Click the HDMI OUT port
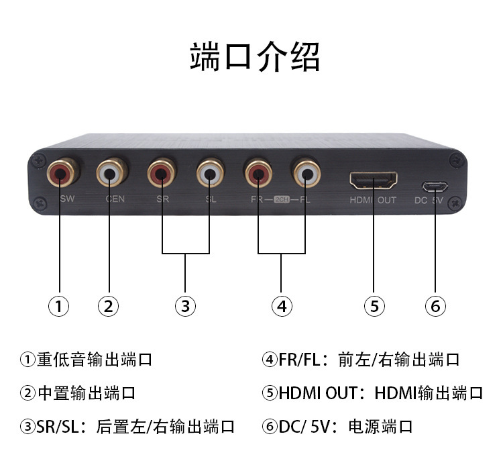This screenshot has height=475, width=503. click(x=374, y=180)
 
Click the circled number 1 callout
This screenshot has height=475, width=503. click(x=59, y=306)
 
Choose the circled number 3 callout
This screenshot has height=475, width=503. click(x=185, y=306)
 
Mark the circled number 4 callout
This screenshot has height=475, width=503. click(x=282, y=306)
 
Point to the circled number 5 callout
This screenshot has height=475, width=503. click(x=374, y=306)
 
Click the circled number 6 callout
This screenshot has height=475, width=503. click(x=435, y=306)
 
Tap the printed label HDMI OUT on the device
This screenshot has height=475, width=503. click(x=373, y=200)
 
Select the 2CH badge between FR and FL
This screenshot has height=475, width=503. click(x=282, y=199)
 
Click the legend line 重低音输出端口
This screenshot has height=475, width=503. click(x=87, y=360)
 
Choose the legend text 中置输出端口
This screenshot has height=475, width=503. click(x=78, y=392)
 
